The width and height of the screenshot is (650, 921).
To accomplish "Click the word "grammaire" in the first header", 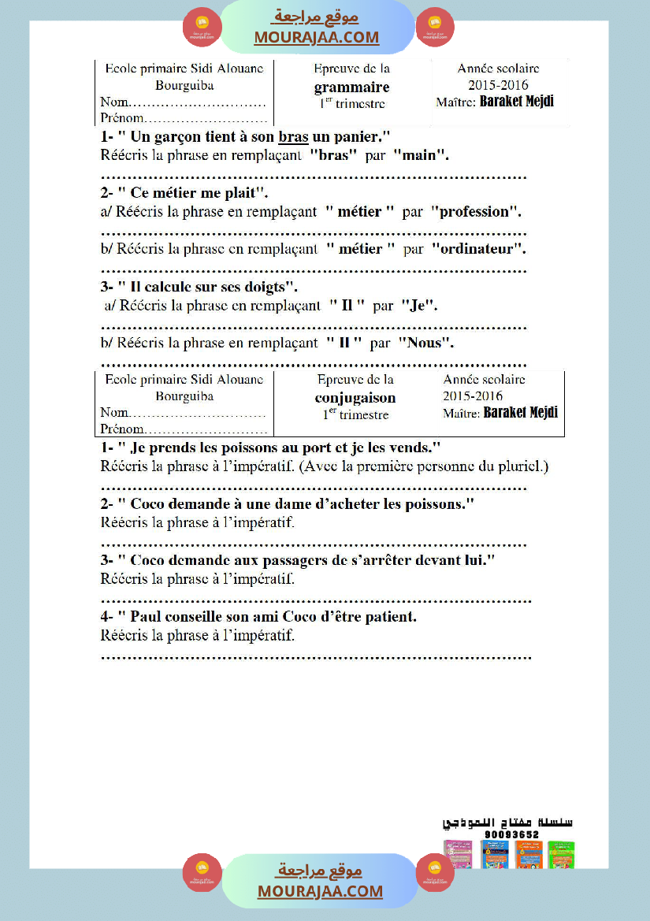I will [351, 87].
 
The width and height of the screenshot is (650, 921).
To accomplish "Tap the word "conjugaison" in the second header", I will [355, 398].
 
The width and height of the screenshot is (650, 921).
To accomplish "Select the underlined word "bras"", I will [293, 137].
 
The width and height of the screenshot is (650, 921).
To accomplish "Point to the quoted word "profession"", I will [474, 211].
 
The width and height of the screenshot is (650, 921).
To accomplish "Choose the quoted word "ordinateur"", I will [477, 249].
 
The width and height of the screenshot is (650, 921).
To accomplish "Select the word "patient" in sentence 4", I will [384, 617].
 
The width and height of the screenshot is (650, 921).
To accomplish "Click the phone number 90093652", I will [511, 834].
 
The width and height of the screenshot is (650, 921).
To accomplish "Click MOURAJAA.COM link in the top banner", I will [316, 37].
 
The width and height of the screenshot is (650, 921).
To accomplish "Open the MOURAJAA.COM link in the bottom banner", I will [320, 891].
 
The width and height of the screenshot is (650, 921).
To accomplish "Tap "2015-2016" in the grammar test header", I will [498, 85].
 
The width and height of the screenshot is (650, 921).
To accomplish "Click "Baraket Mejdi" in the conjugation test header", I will [520, 412].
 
